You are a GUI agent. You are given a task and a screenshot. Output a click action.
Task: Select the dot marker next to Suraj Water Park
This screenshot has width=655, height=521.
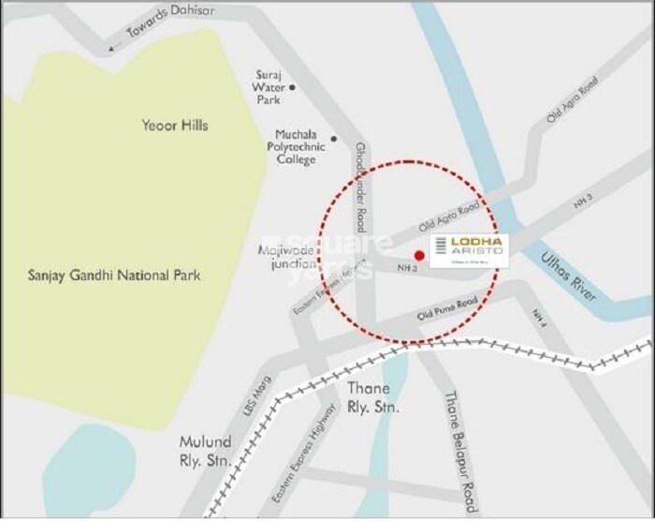[x=293, y=87]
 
